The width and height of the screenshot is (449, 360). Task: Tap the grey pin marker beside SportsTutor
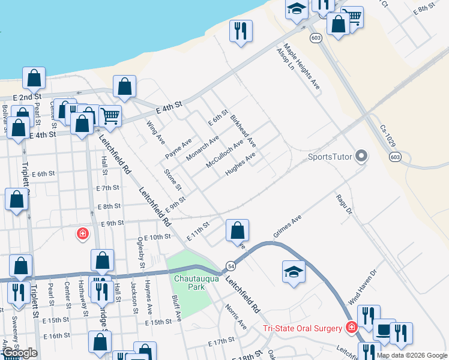pos(361,157)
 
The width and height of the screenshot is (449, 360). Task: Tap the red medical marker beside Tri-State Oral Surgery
pos(352,328)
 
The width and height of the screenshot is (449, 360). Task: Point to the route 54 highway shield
pos(230,265)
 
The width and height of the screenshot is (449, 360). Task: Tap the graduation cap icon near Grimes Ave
pos(294,271)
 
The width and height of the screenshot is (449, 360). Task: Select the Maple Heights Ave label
pos(303,68)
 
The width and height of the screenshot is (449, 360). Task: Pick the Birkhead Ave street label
pos(243,132)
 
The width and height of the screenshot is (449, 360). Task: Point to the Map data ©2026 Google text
pos(412,355)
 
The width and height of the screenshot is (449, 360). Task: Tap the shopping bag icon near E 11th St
pos(238,230)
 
